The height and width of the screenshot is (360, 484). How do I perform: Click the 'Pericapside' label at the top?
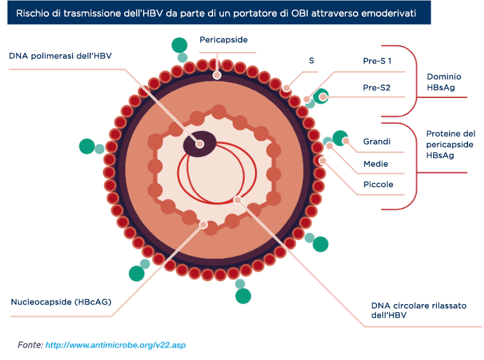[x=223, y=40]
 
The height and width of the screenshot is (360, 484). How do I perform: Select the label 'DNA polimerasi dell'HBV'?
[x=60, y=56]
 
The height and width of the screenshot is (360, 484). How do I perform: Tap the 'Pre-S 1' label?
[x=377, y=61]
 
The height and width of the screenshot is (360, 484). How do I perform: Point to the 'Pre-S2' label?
[x=377, y=88]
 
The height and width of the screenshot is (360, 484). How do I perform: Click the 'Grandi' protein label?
[x=377, y=141]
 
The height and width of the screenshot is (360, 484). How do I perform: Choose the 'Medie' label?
[x=376, y=163]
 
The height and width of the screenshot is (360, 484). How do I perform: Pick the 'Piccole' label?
[x=378, y=184]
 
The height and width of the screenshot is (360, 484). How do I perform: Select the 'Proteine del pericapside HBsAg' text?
[x=451, y=144]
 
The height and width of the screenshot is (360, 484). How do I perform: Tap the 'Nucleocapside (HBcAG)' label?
[x=61, y=301]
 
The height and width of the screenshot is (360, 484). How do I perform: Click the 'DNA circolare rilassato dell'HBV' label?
[x=419, y=310]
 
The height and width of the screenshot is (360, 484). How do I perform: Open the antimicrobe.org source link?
[x=116, y=345]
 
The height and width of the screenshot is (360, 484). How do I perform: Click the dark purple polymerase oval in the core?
[x=200, y=144]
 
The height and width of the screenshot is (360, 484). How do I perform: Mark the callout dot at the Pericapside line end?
[x=217, y=75]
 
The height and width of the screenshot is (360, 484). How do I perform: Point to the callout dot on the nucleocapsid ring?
[x=204, y=225]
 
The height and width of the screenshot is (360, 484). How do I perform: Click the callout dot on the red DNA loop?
[x=237, y=200]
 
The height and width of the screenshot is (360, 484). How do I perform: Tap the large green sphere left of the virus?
[x=86, y=146]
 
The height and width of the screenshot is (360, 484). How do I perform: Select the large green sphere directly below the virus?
[x=243, y=296]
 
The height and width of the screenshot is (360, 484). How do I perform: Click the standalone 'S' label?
[x=312, y=60]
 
